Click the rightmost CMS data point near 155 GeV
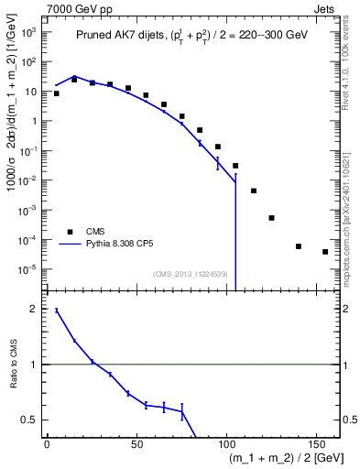pyautogui.click(x=325, y=252)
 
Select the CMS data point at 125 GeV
pyautogui.click(x=271, y=218)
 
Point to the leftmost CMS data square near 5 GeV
pyautogui.click(x=57, y=93)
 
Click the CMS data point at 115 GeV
pyautogui.click(x=254, y=191)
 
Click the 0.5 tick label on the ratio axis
pyautogui.click(x=29, y=420)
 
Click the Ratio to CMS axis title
pyautogui.click(x=13, y=365)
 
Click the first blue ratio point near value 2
pyautogui.click(x=57, y=311)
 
